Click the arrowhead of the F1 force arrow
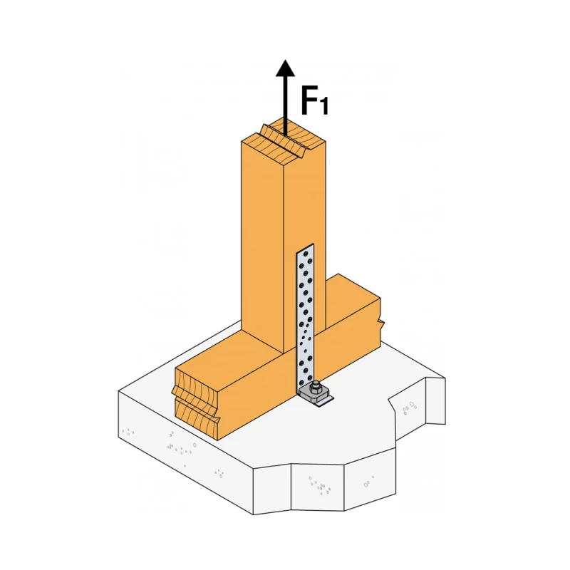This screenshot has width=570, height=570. click(286, 68)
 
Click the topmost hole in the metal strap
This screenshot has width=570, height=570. click(306, 254)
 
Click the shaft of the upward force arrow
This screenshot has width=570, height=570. click(286, 105)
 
